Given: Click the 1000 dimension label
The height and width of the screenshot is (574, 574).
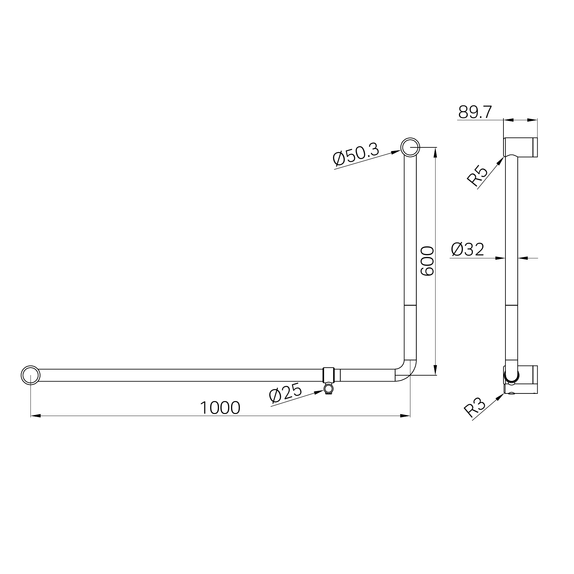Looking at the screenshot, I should [x=220, y=408].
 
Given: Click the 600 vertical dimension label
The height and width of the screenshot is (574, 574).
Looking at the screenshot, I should [x=427, y=261].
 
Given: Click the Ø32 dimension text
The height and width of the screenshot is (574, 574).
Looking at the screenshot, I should [x=467, y=249].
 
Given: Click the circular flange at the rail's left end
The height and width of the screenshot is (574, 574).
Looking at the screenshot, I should [x=30, y=375].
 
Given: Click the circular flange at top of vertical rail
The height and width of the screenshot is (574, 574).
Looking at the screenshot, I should [x=410, y=147].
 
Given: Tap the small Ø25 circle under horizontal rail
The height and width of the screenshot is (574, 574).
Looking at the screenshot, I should [x=329, y=389].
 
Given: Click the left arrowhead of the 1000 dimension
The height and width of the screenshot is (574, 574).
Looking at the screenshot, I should [x=35, y=415].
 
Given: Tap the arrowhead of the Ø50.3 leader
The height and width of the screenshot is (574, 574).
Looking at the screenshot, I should [x=396, y=152].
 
